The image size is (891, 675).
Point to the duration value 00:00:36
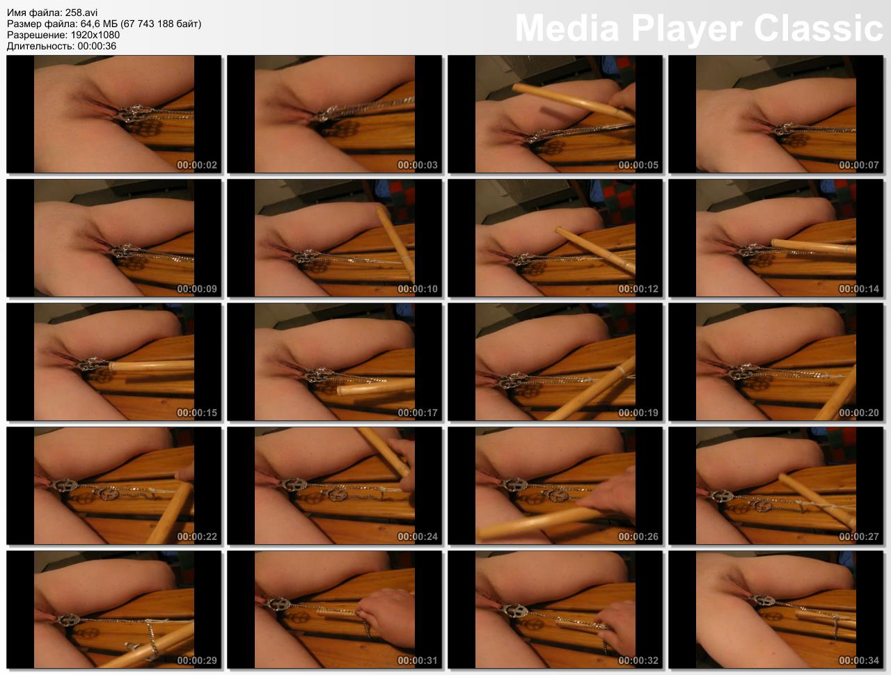point(97,46)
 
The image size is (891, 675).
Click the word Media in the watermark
point(567,28)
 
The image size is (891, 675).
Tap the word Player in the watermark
point(687,29)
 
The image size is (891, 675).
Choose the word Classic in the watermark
point(819,28)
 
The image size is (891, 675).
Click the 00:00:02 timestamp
point(197,165)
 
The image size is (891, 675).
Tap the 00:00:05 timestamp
point(638,165)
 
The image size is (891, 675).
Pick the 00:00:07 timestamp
point(859,165)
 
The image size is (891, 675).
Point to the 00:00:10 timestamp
point(418,289)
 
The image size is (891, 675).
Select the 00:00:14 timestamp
point(859,289)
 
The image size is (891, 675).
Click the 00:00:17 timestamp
point(418,413)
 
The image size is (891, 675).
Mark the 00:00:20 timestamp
point(859,413)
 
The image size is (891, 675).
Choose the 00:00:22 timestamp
point(197,537)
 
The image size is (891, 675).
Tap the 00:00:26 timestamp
point(638,537)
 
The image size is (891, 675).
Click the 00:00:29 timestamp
point(197,660)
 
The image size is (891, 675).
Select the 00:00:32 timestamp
point(638,660)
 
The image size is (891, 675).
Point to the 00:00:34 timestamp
point(859,660)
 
